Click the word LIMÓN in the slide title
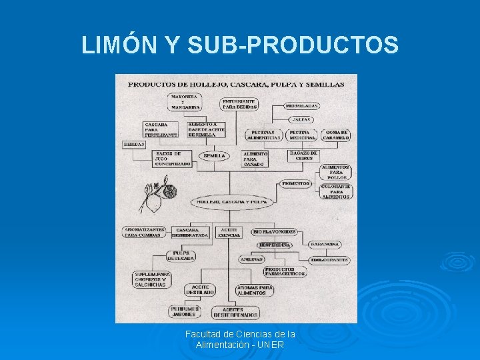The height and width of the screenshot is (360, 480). coord(119,45)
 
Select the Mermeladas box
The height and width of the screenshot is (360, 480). coord(301,105)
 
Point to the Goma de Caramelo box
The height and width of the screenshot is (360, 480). coord(337,135)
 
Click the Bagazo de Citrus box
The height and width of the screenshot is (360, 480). coord(303,155)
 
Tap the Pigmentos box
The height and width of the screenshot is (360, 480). coord(296,183)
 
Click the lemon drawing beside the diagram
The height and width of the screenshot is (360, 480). coord(157,195)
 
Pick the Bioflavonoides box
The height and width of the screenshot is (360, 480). coord(274,231)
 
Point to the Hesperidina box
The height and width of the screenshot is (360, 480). coord(275,245)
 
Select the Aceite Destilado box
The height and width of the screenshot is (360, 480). coord(200,289)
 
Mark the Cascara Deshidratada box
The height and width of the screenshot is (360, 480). coord(190,232)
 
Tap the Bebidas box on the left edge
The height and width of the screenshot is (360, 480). coord(134,144)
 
